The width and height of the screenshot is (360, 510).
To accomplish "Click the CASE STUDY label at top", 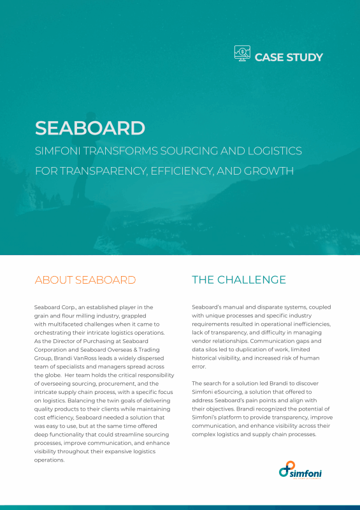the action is tap(289, 57).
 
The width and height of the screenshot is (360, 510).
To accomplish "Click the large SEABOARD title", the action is tap(90, 127).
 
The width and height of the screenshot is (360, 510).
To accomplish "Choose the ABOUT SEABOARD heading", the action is tap(85, 280).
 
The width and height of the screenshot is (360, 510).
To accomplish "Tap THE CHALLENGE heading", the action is tap(239, 280).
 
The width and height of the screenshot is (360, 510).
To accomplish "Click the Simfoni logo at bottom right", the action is tap(301, 470).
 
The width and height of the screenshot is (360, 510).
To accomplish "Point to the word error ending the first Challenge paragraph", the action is tap(199, 366).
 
